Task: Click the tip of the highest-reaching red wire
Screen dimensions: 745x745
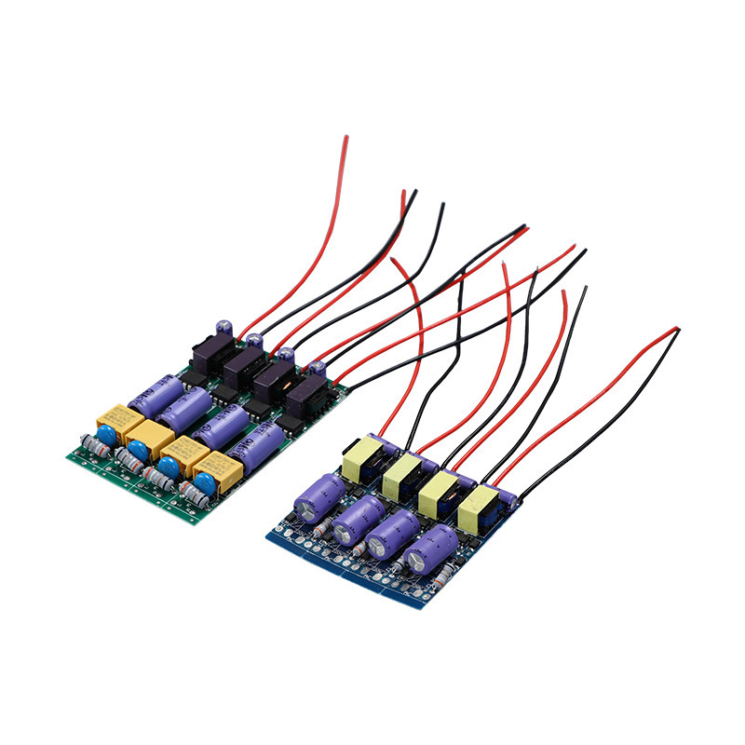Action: (346, 138)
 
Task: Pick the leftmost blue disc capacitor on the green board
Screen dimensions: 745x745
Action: (105, 434)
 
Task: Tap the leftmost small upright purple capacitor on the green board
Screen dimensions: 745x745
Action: (224, 331)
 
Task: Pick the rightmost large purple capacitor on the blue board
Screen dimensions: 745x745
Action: (433, 550)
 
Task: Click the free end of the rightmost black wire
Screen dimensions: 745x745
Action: (678, 331)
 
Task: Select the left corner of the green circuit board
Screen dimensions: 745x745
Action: (67, 457)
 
